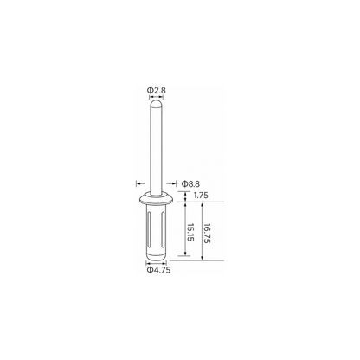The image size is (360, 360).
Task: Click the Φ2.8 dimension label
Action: click(x=157, y=90)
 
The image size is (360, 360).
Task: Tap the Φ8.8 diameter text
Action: click(x=190, y=183)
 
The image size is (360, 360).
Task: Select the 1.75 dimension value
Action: click(x=201, y=196)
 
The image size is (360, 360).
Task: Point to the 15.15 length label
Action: click(x=190, y=233)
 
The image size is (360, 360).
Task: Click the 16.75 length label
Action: click(x=208, y=233)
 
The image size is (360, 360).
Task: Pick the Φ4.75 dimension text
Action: click(x=158, y=270)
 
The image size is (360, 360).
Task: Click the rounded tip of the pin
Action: click(x=156, y=103)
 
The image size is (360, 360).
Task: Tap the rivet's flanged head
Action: click(x=156, y=198)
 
